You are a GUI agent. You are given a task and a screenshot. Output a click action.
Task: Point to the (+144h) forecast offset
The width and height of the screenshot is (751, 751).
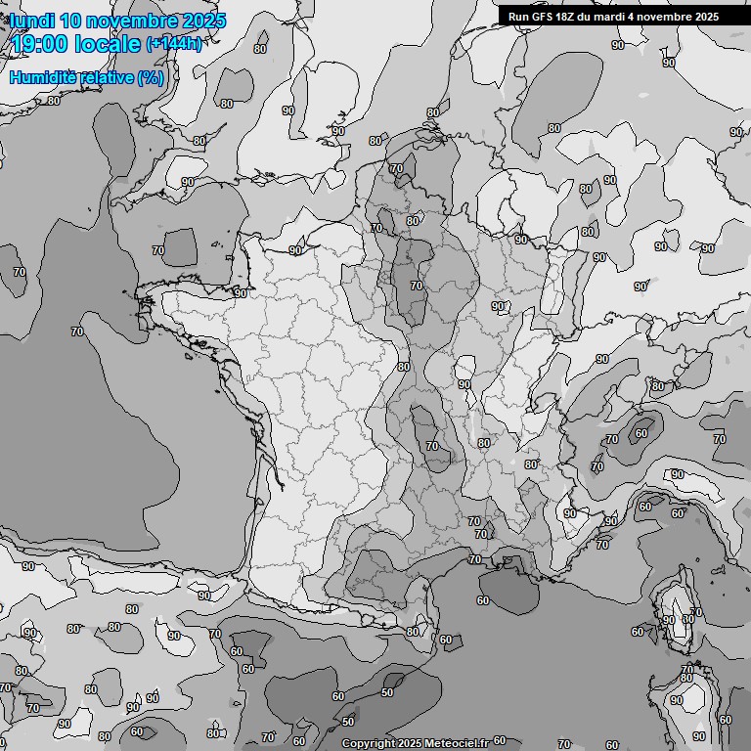tap(173, 44)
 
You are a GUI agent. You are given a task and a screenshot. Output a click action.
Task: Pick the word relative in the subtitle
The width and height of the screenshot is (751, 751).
tap(104, 77)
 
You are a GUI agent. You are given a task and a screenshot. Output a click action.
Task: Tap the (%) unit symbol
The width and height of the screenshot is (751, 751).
tap(151, 77)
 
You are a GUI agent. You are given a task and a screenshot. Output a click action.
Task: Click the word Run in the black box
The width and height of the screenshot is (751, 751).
tap(518, 17)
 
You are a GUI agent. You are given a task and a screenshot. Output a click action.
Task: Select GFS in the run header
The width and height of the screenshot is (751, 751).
tap(544, 17)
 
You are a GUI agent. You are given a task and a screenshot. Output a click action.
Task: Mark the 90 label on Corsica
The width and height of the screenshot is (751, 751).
tap(668, 620)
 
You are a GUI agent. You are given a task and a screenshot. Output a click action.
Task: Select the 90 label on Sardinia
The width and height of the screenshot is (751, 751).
tap(676, 700)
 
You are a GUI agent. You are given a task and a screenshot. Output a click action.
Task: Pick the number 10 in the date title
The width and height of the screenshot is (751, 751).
tap(68, 21)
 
